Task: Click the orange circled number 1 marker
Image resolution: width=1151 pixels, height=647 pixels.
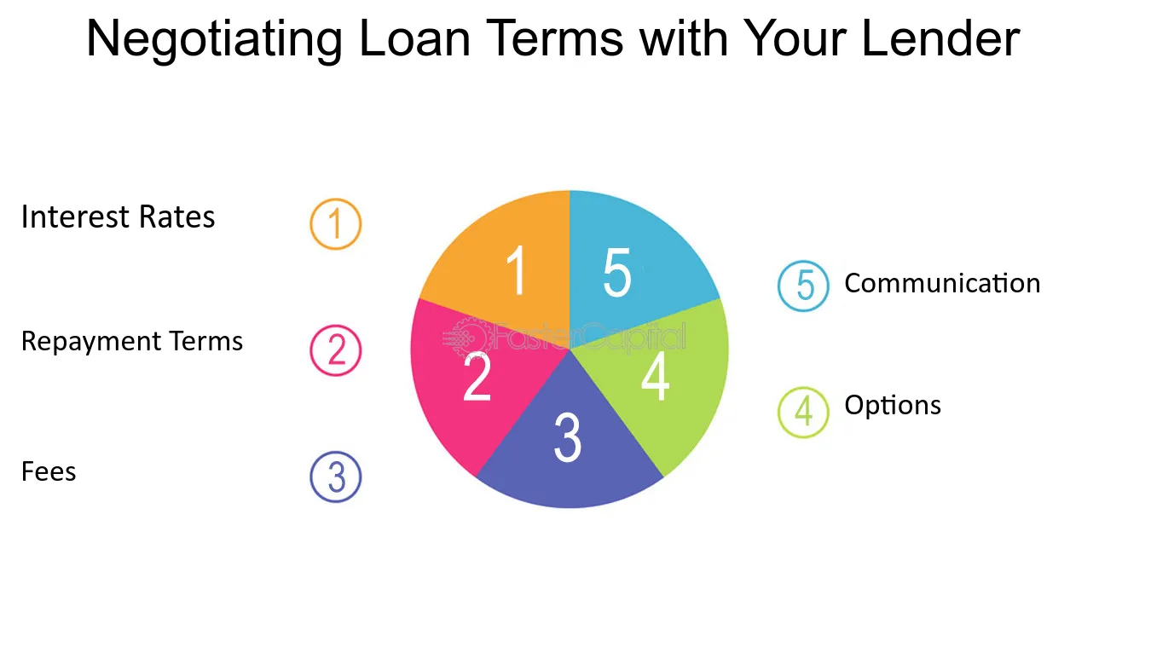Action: [x=336, y=224]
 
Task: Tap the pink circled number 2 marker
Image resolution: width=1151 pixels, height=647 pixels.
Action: [x=336, y=350]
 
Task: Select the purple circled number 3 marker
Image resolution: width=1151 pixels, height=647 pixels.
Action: [x=336, y=477]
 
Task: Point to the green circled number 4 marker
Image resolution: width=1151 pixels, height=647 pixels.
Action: [x=803, y=412]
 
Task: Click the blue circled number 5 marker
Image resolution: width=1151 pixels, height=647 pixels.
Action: [x=803, y=286]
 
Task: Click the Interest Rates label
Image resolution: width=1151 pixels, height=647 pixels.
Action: [x=118, y=217]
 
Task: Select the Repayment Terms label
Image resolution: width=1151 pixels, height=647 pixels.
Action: [x=131, y=342]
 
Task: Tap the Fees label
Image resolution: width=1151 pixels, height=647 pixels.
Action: [x=49, y=471]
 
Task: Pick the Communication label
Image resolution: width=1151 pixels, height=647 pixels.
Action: [x=942, y=283]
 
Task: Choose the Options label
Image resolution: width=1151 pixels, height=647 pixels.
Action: [x=893, y=406]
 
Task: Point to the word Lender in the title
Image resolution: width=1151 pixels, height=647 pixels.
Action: [x=940, y=38]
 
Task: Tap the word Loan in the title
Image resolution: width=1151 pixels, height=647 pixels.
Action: [x=414, y=38]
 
